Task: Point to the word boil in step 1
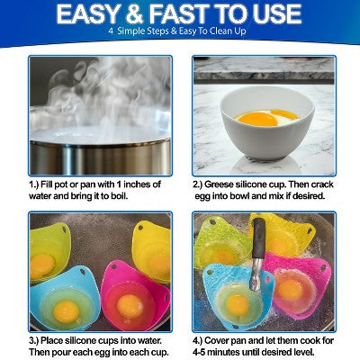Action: (119, 196)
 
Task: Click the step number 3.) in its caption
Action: (33, 341)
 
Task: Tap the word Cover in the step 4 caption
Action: (217, 341)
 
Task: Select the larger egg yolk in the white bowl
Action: (258, 119)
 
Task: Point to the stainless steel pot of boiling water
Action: (100, 150)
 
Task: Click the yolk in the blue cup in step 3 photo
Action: (66, 311)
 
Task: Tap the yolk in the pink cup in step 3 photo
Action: (130, 306)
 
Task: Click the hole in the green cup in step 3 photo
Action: (64, 229)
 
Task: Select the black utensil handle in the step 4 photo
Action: (259, 238)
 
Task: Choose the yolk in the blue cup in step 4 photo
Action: (237, 305)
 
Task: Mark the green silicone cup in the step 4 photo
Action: (221, 244)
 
